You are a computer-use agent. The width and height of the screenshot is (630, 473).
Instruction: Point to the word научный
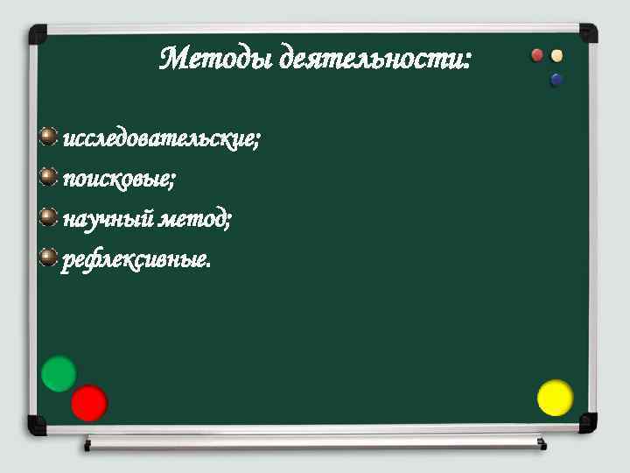pos(108,219)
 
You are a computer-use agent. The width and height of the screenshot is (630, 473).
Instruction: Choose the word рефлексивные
pos(136,259)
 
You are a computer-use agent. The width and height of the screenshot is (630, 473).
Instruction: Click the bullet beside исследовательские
pos(49,137)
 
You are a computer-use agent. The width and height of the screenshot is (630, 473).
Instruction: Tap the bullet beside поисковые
pos(49,177)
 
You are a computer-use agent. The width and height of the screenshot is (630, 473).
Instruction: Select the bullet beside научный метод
pos(49,216)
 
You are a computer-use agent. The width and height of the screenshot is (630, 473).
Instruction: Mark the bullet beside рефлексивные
pos(49,257)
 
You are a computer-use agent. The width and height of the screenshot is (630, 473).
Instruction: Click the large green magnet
pos(59,374)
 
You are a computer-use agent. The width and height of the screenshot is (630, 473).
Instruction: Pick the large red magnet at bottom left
pos(88,403)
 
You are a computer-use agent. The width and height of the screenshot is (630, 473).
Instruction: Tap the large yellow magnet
pos(555,398)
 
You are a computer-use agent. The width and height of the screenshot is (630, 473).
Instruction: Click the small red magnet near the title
pos(538,55)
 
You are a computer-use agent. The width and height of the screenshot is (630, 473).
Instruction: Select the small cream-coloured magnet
pos(557,55)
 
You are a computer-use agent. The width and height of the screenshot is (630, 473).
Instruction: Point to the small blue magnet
pos(556,80)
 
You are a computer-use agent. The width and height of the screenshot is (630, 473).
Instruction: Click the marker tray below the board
pos(315,442)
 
